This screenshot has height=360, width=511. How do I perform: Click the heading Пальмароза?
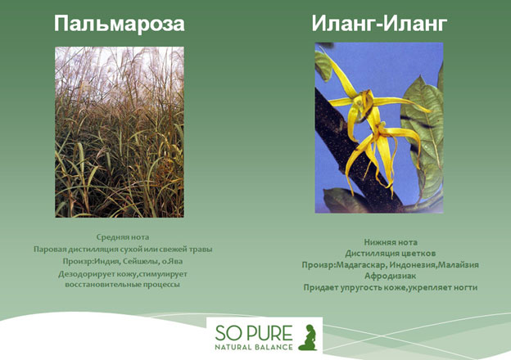[x=120, y=24]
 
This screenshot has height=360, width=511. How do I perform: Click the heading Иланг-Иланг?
[x=379, y=24]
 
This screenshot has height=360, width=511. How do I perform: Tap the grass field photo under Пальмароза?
[x=120, y=132]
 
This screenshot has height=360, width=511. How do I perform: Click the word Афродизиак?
[x=390, y=276]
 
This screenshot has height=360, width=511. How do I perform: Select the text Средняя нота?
[x=123, y=237]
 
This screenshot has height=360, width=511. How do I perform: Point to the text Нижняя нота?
[x=391, y=242]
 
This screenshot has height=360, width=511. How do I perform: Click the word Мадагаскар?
[x=361, y=265]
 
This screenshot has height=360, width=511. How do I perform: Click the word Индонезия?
[x=412, y=265]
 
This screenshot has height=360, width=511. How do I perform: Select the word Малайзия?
[x=458, y=265]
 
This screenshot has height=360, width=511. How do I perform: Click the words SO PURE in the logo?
[x=254, y=333]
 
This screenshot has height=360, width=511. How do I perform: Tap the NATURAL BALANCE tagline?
[x=254, y=347]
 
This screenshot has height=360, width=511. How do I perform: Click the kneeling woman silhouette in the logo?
[x=308, y=337]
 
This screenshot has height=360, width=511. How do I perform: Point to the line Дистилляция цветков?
[x=390, y=254]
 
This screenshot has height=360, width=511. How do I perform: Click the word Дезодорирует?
[x=83, y=274]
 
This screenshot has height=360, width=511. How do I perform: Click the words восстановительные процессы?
[x=122, y=285]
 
